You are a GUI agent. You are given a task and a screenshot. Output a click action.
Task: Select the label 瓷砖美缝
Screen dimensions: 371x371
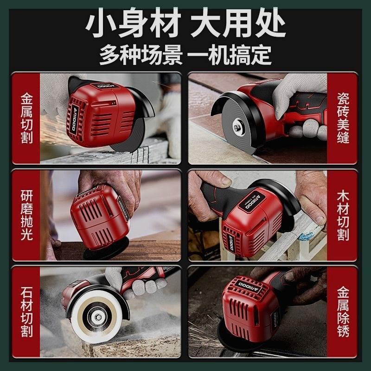(343, 118)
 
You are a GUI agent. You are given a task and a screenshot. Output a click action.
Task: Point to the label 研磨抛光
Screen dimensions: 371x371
(27, 216)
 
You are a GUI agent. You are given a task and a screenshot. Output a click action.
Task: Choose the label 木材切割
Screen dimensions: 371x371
(343, 216)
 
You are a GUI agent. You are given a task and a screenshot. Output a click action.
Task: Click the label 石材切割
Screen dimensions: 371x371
(27, 312)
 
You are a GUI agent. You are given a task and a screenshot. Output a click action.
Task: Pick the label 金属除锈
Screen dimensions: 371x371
(343, 312)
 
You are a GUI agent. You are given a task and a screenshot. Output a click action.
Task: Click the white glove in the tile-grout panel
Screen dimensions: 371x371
(297, 95)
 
